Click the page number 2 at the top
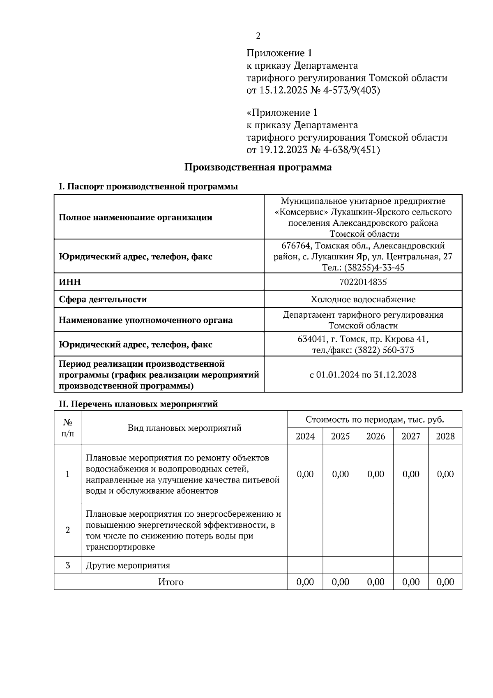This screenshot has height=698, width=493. click(258, 36)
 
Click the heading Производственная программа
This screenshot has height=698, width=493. click(258, 167)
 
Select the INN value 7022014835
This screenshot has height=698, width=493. click(363, 282)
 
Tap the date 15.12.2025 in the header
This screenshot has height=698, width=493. click(283, 90)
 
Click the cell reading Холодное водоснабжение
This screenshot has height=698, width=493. click(363, 299)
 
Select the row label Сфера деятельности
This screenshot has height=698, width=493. click(103, 299)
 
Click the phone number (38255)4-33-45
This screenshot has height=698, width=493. click(373, 268)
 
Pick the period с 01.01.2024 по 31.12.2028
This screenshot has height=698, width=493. click(363, 375)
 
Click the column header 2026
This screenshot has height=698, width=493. click(376, 436)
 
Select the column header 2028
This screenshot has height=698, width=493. click(445, 436)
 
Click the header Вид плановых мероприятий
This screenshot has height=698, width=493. click(184, 428)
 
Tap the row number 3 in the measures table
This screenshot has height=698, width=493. click(68, 565)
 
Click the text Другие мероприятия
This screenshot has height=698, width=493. click(128, 565)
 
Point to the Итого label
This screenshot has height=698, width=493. click(171, 582)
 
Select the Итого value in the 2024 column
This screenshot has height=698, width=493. click(305, 582)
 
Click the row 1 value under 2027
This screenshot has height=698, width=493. click(411, 474)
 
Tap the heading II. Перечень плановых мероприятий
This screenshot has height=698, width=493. click(138, 404)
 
